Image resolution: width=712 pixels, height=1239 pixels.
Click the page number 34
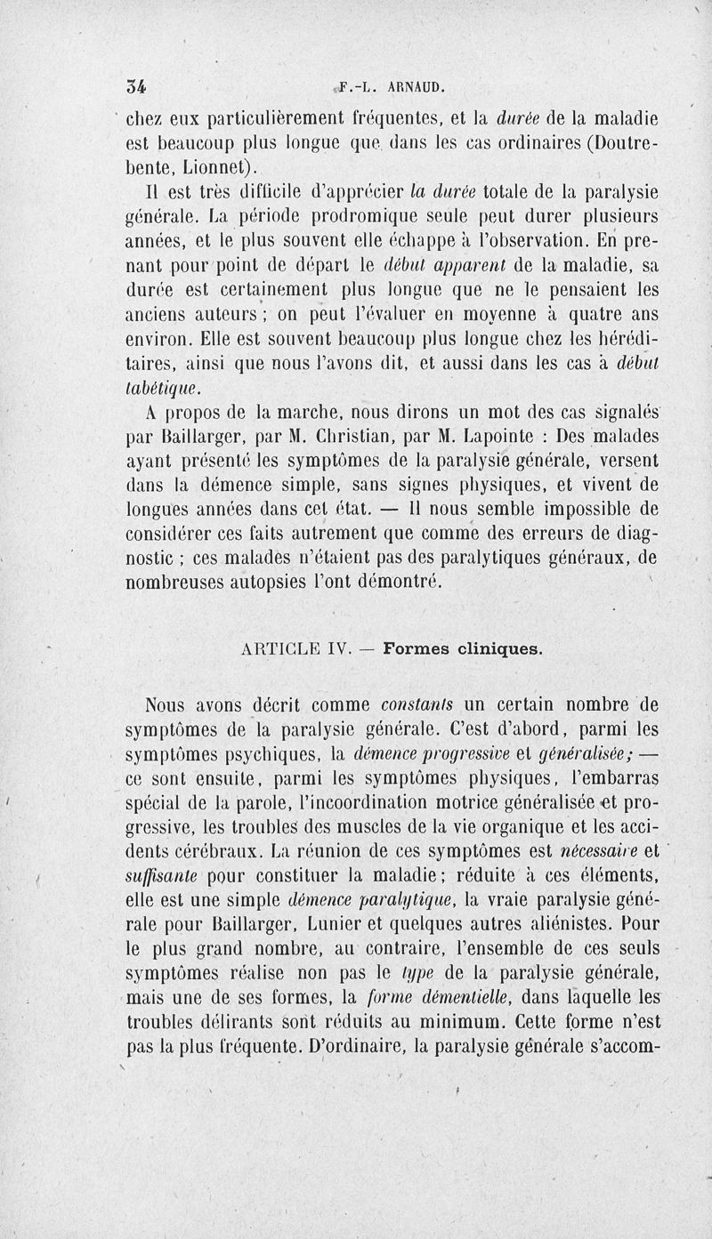137,87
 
